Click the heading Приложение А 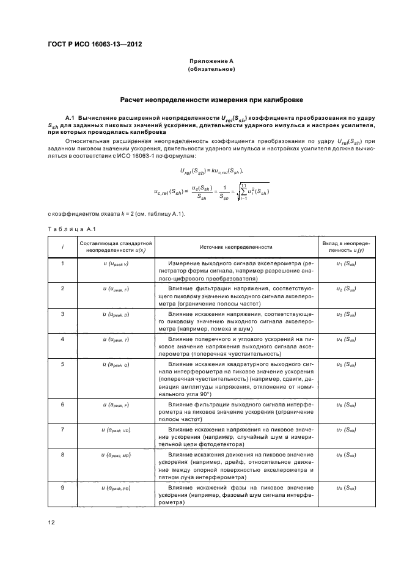pos(211,61)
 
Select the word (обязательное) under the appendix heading pos(211,70)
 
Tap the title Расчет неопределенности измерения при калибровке pos(211,99)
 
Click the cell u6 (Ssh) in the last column pos(346,405)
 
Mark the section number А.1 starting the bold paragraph pos(69,116)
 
